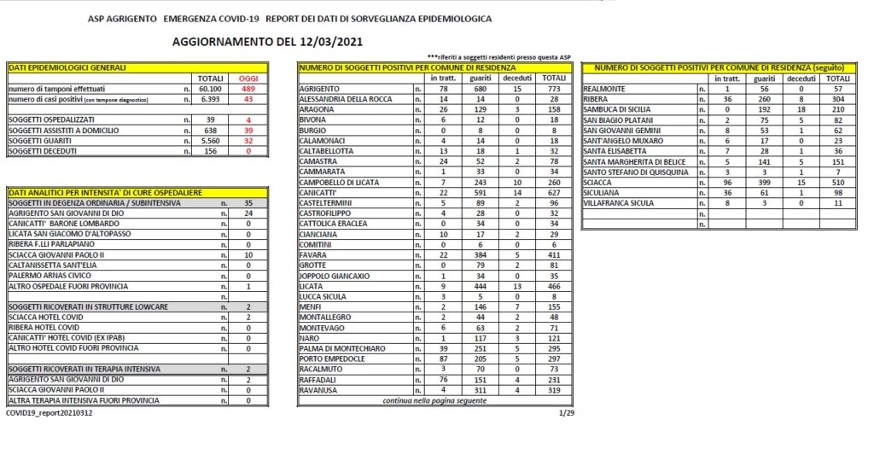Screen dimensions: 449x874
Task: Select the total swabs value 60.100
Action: click(x=209, y=89)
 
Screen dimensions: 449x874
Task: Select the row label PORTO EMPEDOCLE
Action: click(x=333, y=359)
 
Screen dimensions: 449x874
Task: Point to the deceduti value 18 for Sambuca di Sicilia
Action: click(x=800, y=109)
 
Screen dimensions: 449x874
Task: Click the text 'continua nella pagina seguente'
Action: click(x=435, y=400)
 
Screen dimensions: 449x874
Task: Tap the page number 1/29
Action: click(x=566, y=412)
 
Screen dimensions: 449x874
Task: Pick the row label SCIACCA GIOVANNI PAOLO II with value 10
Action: click(x=55, y=254)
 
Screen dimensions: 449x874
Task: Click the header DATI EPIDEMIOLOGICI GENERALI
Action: click(x=67, y=67)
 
